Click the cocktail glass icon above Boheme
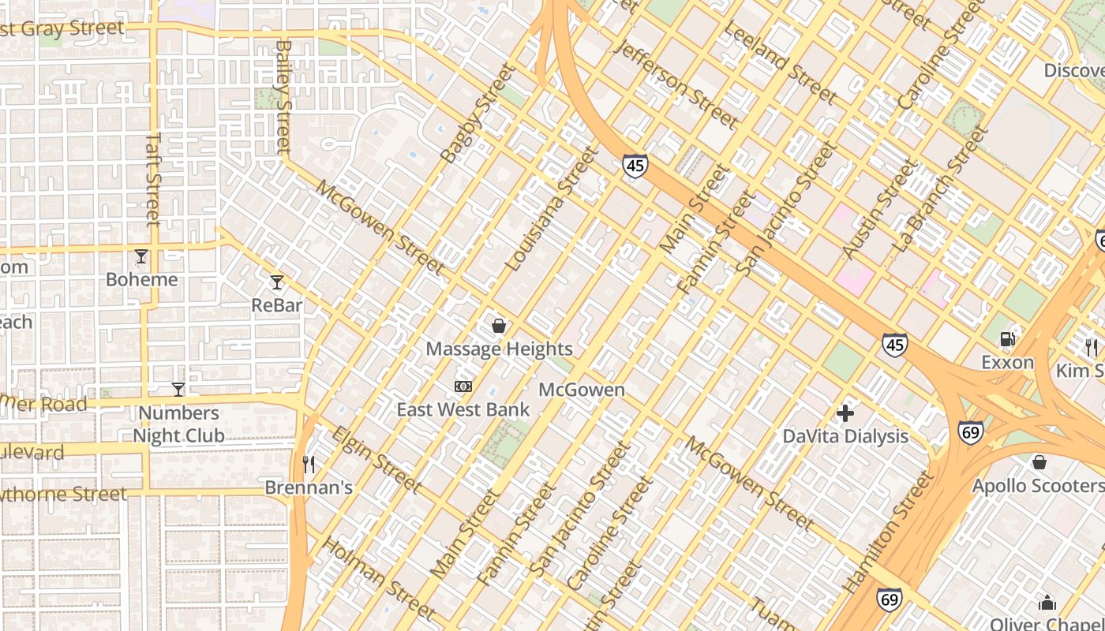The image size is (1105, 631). (x=141, y=256)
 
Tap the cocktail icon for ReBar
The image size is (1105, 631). (x=277, y=282)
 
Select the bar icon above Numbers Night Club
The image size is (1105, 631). (x=178, y=390)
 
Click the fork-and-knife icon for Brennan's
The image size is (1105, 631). (x=309, y=465)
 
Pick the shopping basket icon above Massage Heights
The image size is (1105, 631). (x=499, y=325)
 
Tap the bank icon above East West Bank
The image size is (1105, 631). (x=463, y=386)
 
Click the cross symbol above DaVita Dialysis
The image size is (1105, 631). (x=845, y=413)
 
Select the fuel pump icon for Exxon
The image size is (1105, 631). (x=1007, y=339)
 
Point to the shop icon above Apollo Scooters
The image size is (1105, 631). (x=1039, y=462)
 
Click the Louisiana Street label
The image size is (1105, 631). (x=552, y=208)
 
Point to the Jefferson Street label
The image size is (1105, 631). (x=674, y=85)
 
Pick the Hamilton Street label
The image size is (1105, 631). (x=889, y=533)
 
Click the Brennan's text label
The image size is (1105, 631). (x=309, y=487)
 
